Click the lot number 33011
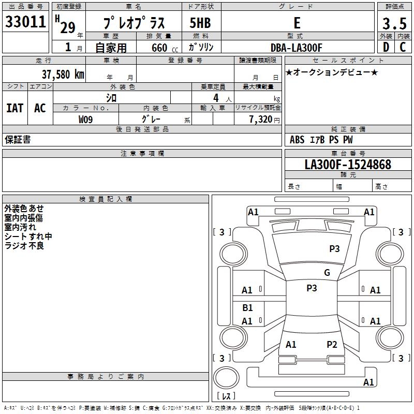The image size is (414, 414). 25,22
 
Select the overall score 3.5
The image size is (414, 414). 394,23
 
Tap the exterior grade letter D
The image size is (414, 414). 386,47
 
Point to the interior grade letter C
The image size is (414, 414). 403,47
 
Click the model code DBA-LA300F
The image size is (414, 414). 296,48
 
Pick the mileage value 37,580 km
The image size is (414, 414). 63,75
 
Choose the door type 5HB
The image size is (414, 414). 200,23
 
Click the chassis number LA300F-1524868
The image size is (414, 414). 348,165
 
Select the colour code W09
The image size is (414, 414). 85,120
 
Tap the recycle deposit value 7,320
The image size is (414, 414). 261,120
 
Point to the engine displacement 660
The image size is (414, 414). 159,48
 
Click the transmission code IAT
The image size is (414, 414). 14,108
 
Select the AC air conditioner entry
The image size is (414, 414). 40,108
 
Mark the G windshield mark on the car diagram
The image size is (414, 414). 327,273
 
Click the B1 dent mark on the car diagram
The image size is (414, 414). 247,307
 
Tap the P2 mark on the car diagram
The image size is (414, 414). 332,344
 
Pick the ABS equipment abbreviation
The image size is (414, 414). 297,140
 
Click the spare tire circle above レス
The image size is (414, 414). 226,378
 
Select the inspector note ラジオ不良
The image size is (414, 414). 24,246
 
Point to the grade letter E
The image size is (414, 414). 297,23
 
